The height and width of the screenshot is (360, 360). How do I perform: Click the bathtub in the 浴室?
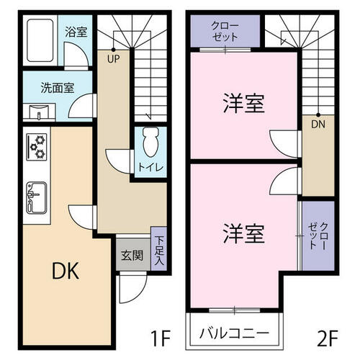coord(40,40)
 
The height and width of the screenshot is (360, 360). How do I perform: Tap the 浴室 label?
coord(76,32)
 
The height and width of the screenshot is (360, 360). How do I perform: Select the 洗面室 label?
coord(58,88)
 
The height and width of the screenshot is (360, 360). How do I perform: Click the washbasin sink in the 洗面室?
coord(39,112)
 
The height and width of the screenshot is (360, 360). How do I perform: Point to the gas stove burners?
coord(37,147)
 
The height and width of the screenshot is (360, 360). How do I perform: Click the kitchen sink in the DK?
coord(37,197)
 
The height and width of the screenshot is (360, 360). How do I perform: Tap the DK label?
coord(66,271)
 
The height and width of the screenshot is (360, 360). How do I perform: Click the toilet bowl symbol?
coord(150,143)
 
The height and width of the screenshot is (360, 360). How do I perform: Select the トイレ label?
coord(150,167)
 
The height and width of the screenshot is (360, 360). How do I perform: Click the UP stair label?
coord(114,59)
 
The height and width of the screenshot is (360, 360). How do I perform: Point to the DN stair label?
coord(318,124)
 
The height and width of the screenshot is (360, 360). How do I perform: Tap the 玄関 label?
coord(132,255)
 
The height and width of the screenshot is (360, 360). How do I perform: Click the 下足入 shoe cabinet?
coord(158,248)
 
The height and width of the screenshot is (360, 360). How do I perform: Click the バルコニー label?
coord(234,333)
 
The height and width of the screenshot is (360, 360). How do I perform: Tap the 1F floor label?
coord(161,338)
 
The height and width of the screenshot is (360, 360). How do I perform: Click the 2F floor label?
coord(328,338)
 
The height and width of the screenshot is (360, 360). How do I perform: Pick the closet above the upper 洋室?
coord(225,31)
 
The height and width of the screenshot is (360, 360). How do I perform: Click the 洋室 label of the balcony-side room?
coord(244,233)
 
